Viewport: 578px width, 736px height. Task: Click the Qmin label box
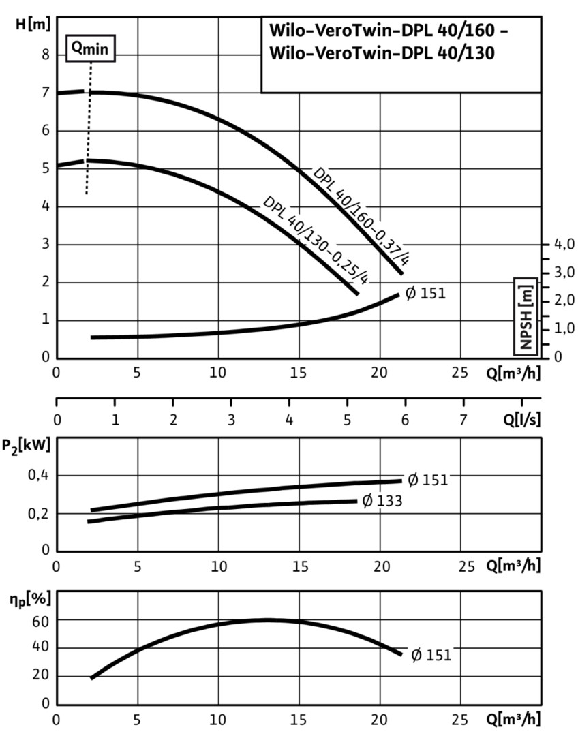pos(91,48)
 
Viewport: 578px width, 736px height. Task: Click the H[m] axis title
pos(33,25)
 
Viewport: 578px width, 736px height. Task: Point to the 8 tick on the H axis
pos(46,55)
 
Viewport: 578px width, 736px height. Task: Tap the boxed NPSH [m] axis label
pos(526,317)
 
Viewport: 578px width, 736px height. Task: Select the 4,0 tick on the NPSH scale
pos(564,244)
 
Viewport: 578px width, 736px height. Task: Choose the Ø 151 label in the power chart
pos(427,480)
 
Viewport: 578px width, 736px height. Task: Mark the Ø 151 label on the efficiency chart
pos(431,655)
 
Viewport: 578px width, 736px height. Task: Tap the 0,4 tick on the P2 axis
pos(37,475)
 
